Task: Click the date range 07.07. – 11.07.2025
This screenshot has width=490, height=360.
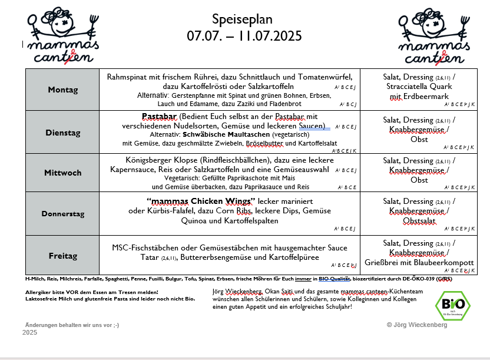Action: (x=244, y=36)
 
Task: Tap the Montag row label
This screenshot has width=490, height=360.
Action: (x=63, y=90)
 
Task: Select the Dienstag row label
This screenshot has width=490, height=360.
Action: (x=63, y=133)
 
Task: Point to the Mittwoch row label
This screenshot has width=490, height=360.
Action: (x=63, y=173)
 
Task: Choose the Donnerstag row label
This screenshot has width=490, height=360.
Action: (x=63, y=213)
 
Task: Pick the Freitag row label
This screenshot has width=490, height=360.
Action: (x=63, y=256)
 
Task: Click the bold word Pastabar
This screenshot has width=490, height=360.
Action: (x=160, y=116)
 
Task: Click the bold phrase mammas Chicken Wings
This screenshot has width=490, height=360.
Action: (x=200, y=201)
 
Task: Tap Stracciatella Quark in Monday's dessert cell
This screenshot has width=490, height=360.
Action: (x=419, y=87)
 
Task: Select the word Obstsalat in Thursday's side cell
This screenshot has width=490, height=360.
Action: (x=419, y=221)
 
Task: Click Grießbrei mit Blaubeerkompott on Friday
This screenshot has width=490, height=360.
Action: (x=419, y=262)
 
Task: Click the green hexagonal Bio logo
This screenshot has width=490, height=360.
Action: (x=452, y=305)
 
